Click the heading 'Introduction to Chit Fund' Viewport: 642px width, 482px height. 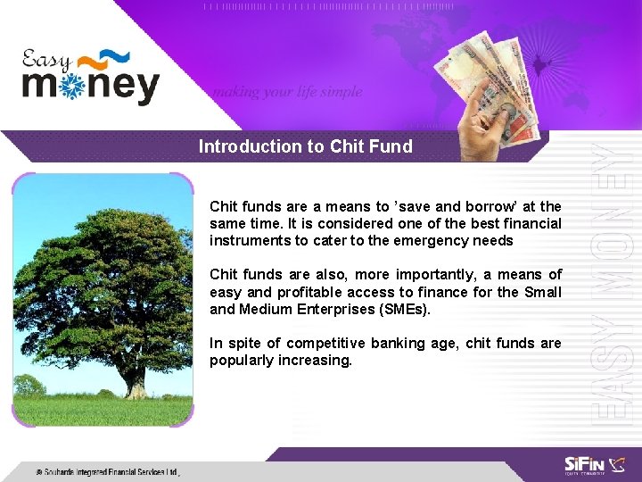[x=305, y=146]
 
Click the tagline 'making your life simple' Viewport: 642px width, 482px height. [x=287, y=91]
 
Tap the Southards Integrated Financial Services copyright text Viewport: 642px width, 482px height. [x=107, y=471]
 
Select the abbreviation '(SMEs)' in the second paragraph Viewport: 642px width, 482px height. [x=401, y=309]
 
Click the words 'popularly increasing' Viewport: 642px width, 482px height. [x=281, y=360]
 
